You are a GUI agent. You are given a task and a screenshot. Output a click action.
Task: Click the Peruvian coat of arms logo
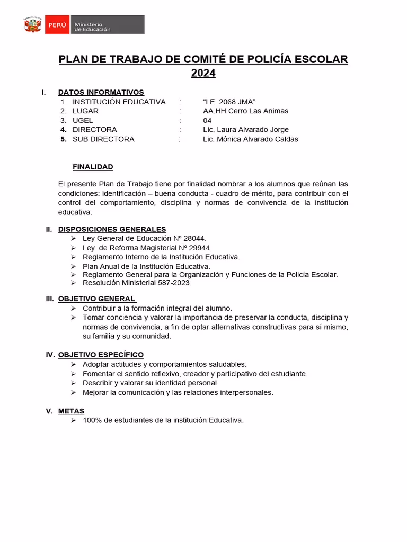[x=32, y=25]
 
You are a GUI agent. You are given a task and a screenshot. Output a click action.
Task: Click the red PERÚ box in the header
[x=57, y=25]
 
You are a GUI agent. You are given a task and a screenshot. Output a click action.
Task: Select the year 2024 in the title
[x=203, y=74]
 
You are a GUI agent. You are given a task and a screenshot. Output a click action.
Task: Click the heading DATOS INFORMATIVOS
[x=101, y=92]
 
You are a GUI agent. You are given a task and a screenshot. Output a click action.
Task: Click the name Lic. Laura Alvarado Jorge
[x=245, y=130]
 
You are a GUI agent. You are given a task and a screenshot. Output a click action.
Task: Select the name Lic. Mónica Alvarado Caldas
[x=250, y=139]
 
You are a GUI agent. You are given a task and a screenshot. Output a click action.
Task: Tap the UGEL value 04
[x=207, y=120]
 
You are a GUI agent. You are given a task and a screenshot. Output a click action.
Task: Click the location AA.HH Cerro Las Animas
[x=245, y=111]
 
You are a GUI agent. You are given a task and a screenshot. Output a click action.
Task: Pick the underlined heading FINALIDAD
[x=93, y=167]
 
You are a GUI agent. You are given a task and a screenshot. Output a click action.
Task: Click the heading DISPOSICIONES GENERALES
[x=112, y=229]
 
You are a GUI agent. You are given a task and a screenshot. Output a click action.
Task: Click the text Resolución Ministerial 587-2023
[x=136, y=283]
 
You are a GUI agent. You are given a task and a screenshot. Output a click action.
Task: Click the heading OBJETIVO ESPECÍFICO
[x=101, y=355]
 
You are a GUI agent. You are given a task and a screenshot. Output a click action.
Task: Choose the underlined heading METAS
[x=71, y=411]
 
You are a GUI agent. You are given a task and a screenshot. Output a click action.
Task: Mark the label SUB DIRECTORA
[x=103, y=139]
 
